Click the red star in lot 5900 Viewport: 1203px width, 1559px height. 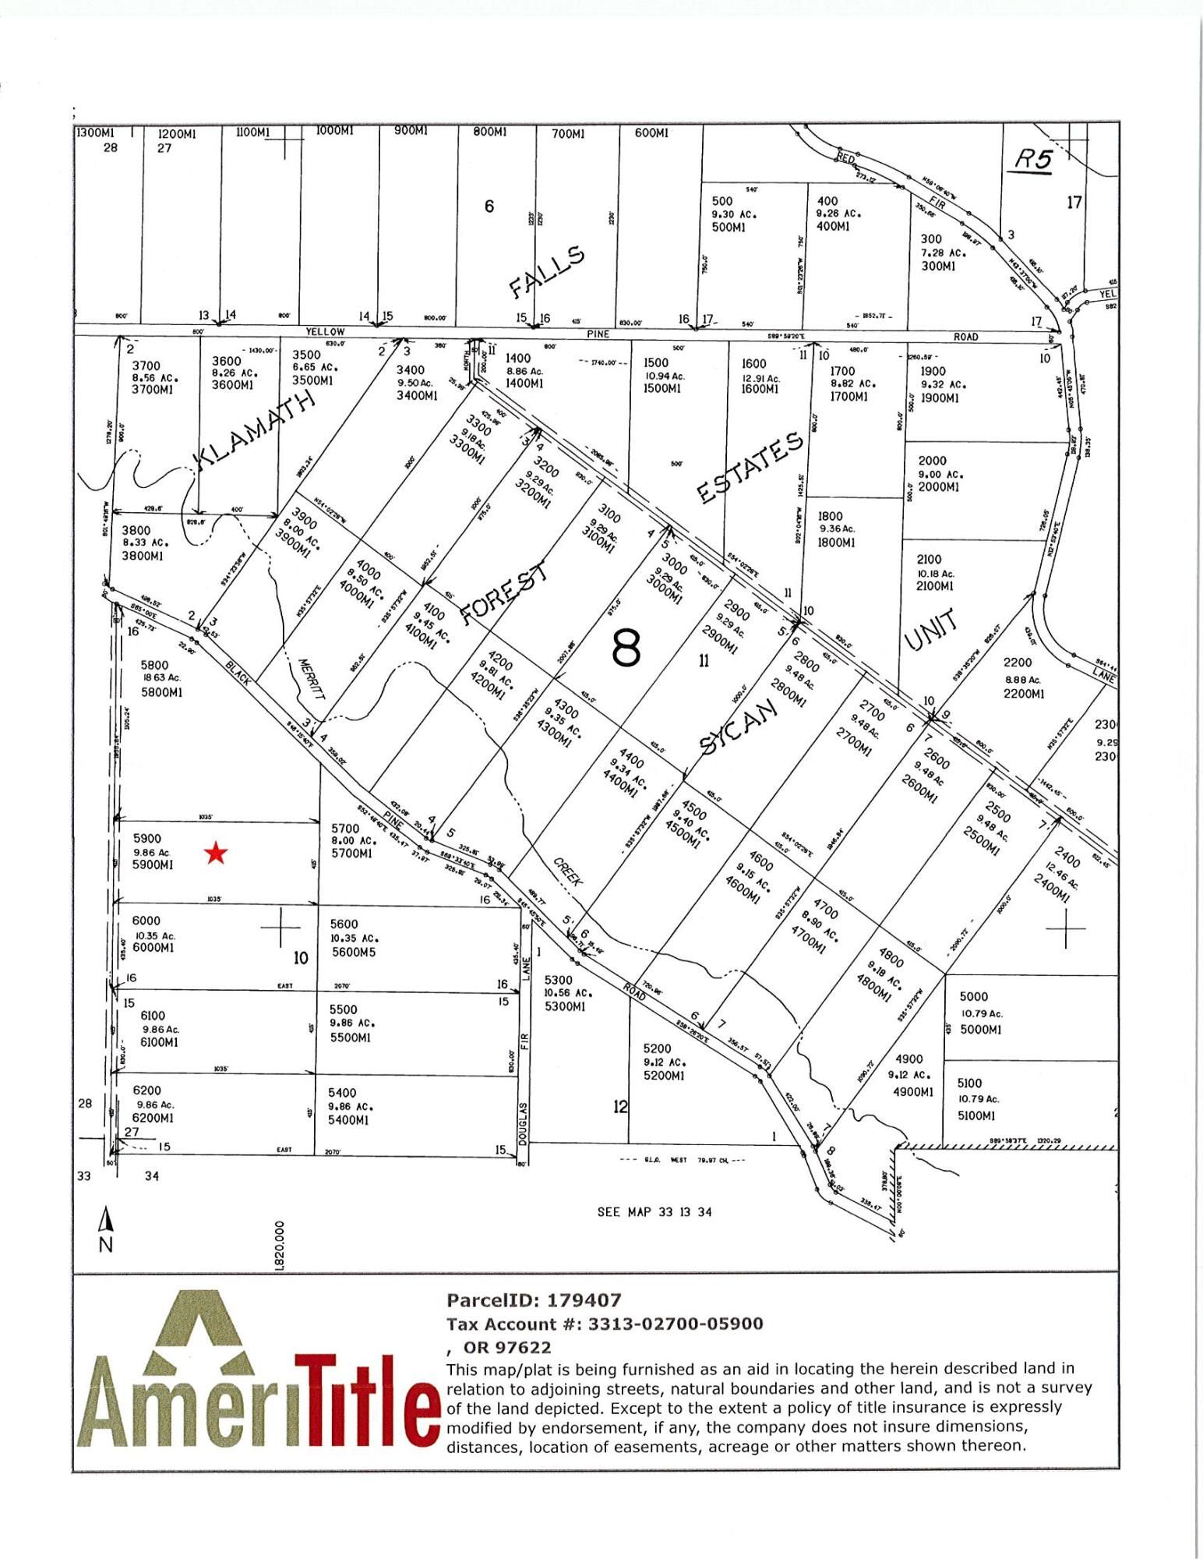tap(216, 854)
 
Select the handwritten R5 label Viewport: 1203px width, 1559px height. tap(1033, 160)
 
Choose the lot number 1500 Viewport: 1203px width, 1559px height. tap(656, 362)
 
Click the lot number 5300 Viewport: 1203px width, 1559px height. tap(558, 980)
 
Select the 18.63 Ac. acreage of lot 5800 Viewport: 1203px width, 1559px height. tap(161, 677)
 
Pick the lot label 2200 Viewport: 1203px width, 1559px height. tap(1017, 663)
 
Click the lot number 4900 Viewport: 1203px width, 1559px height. tap(908, 1059)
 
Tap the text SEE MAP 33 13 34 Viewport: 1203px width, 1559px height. tap(654, 1212)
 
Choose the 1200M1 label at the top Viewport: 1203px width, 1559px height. tap(177, 133)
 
